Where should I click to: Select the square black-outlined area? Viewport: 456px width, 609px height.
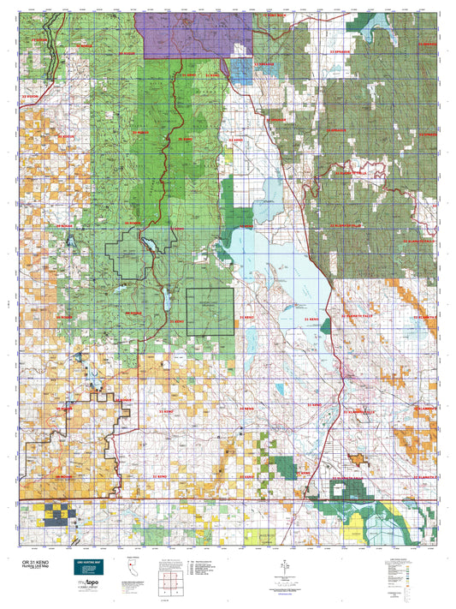210,309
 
